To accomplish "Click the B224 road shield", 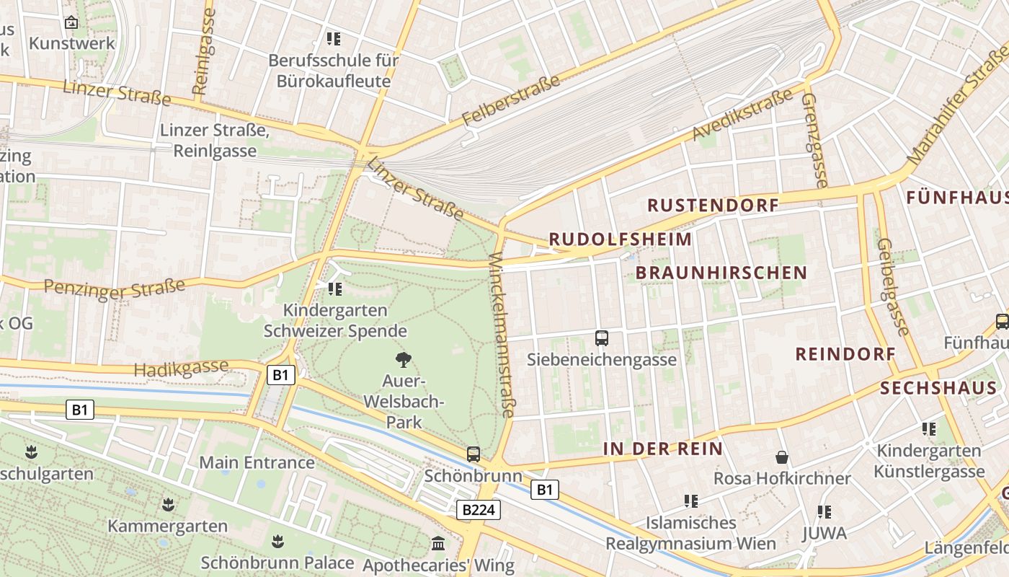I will (479, 510).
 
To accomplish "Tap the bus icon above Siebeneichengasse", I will (602, 338).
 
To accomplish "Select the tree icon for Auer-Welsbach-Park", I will (404, 358).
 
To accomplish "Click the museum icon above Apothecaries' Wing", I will (438, 543).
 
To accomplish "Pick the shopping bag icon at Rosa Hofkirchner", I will (781, 457).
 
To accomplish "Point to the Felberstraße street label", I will (511, 100).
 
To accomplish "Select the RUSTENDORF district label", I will (713, 206).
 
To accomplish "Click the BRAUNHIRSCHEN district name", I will (721, 273).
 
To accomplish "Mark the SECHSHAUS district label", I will (938, 388).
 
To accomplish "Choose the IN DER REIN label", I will (662, 449).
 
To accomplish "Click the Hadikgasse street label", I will (181, 368).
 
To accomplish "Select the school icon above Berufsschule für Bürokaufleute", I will (333, 38).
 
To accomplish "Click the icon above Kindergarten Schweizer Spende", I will (334, 289).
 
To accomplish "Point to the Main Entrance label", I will (257, 462).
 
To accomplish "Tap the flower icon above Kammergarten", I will (169, 503).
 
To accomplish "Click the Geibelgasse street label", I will (893, 287).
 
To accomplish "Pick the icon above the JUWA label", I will (824, 512).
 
